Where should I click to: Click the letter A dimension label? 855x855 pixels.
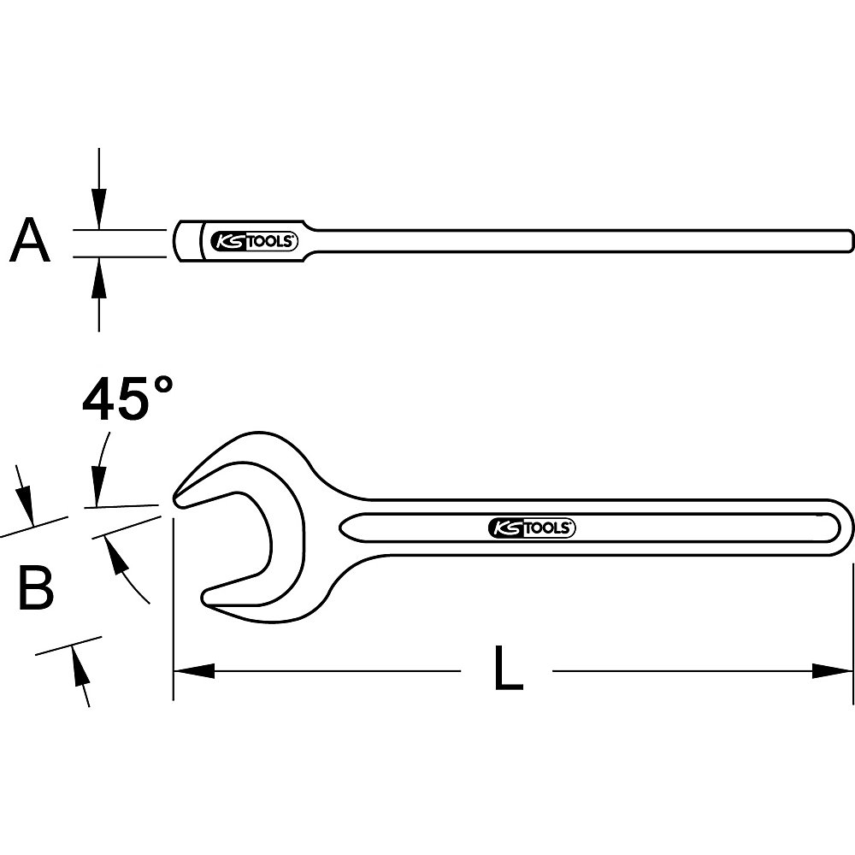coord(30,242)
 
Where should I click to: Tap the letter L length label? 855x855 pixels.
coord(508,669)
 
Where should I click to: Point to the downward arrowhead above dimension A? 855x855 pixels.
coord(99,212)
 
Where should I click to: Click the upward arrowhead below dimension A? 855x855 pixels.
coord(99,274)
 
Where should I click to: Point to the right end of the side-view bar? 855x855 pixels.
coord(850,236)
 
